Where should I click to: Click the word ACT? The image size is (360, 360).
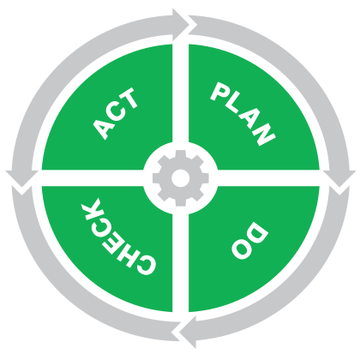click(116, 114)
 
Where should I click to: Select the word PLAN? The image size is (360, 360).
click(243, 114)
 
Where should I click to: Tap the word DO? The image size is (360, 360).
click(250, 240)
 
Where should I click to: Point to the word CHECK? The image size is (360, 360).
click(118, 237)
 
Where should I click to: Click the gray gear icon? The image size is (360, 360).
click(181, 178)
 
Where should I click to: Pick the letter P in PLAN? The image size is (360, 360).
click(220, 92)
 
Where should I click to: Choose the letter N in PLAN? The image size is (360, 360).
click(262, 134)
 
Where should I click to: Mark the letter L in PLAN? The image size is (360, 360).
click(233, 105)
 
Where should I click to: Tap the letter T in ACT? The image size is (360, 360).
click(129, 99)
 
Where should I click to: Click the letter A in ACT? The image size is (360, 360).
click(102, 129)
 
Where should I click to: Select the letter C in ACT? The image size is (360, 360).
click(116, 113)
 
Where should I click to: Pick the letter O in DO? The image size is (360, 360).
click(243, 249)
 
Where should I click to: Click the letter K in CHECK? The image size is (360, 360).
click(91, 209)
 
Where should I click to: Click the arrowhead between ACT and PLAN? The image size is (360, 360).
click(181, 25)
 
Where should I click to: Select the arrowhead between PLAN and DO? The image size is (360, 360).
click(339, 179)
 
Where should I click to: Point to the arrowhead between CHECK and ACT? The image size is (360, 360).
click(22, 178)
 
